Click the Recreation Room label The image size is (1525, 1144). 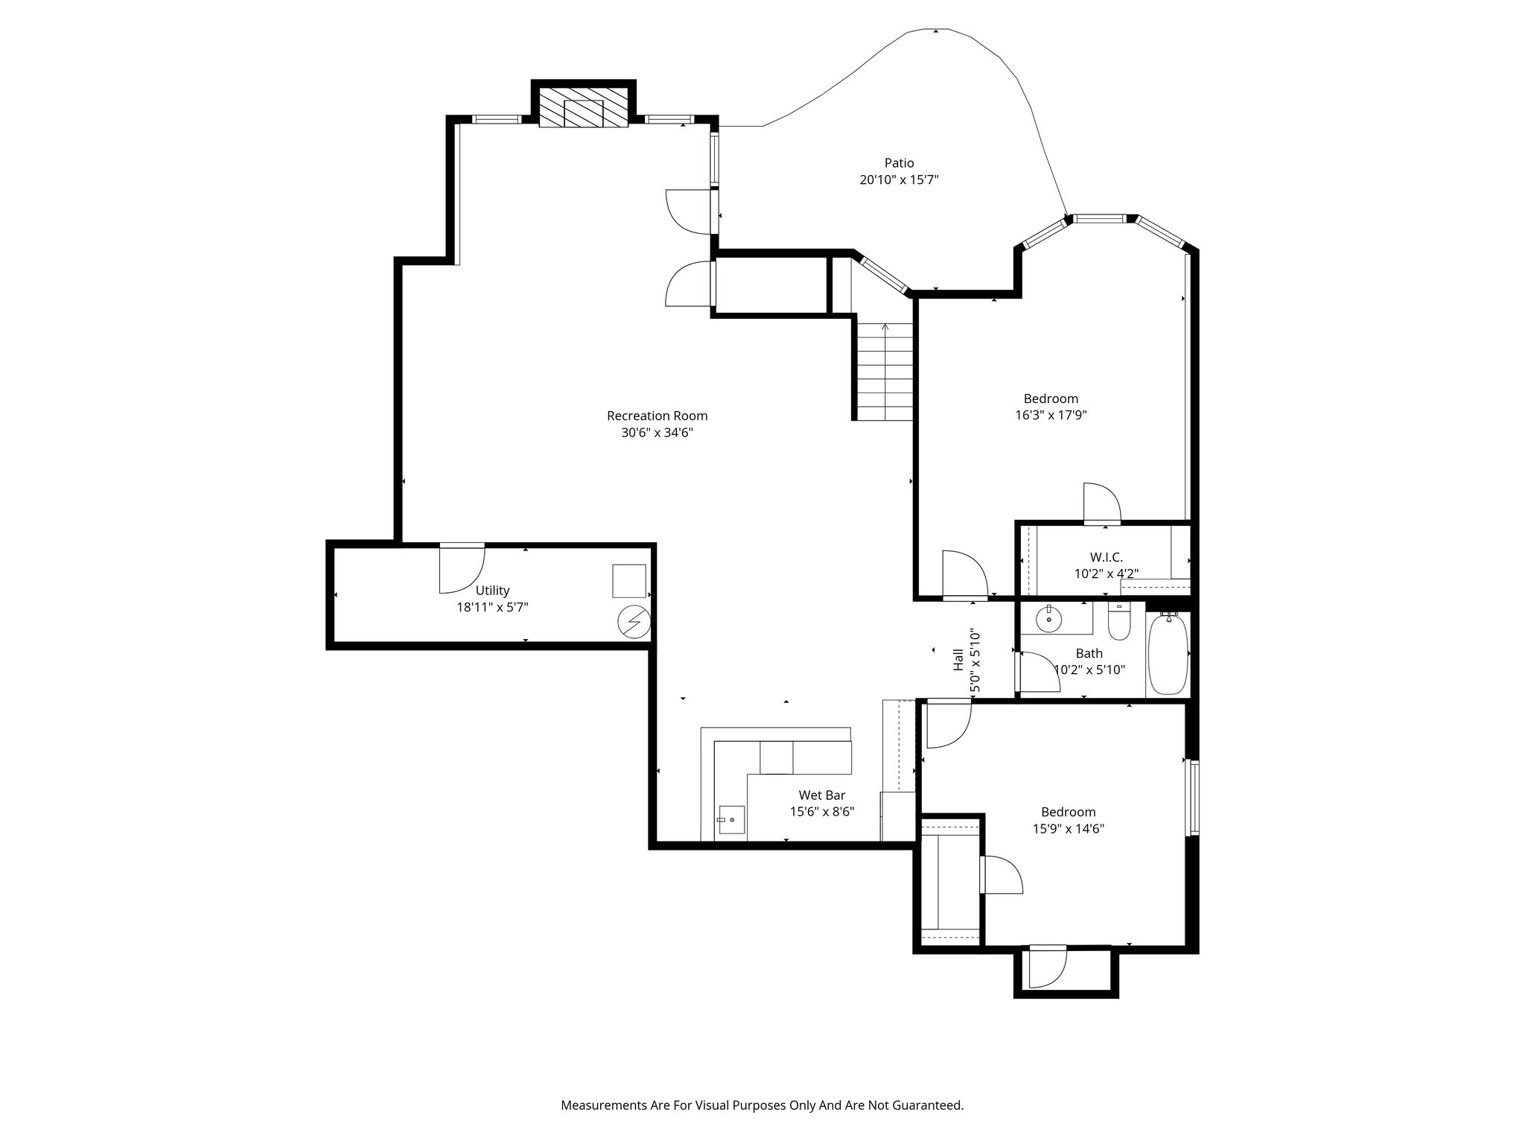coord(657,416)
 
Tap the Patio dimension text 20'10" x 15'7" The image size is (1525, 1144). coord(899,179)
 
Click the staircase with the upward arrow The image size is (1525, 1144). coord(885,370)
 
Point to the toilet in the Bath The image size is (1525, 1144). coord(1119,623)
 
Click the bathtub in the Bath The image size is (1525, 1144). coord(1168,654)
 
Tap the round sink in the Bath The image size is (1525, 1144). coord(1049,618)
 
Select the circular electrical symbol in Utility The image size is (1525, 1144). coord(634,623)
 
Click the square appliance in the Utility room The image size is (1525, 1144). coord(629,581)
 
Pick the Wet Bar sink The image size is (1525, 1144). coord(730,822)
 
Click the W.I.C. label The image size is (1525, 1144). coord(1106,557)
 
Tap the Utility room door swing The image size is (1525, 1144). coord(460,570)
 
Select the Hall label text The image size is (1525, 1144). coord(959,659)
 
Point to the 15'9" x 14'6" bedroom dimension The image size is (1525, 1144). coord(1068,828)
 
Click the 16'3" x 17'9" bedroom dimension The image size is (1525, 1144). coord(1051,415)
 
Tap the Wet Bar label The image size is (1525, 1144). coord(822,795)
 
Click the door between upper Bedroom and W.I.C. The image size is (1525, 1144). coord(1101,503)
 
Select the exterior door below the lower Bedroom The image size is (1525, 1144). coord(1047,968)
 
